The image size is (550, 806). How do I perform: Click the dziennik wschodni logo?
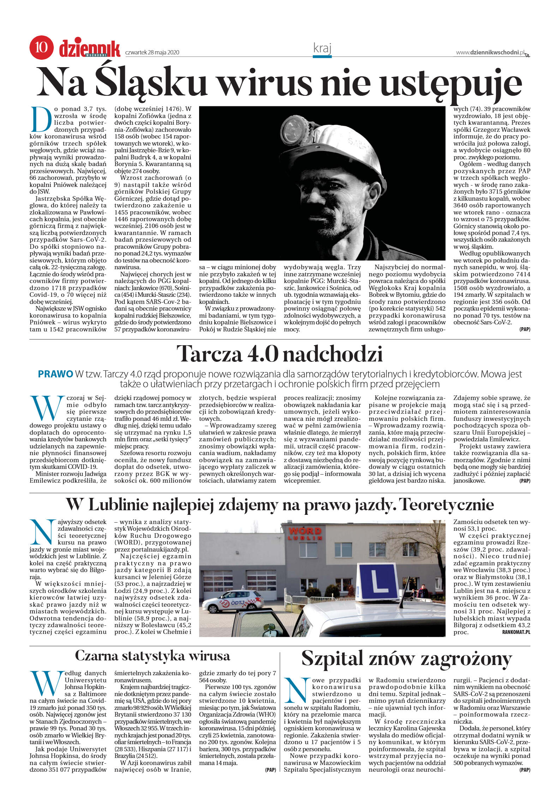pyautogui.click(x=90, y=48)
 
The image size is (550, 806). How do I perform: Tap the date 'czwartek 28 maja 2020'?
pyautogui.click(x=152, y=53)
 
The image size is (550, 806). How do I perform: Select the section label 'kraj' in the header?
pyautogui.click(x=322, y=48)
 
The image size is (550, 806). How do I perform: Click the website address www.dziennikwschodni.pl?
pyautogui.click(x=490, y=53)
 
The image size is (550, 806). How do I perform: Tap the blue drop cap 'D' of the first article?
pyautogui.click(x=41, y=119)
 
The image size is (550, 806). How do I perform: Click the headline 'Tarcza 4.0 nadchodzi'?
pyautogui.click(x=280, y=354)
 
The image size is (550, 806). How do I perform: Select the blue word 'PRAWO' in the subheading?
pyautogui.click(x=55, y=374)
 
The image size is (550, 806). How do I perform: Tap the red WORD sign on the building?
pyautogui.click(x=305, y=531)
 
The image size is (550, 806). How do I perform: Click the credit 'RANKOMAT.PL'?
pyautogui.click(x=516, y=632)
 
